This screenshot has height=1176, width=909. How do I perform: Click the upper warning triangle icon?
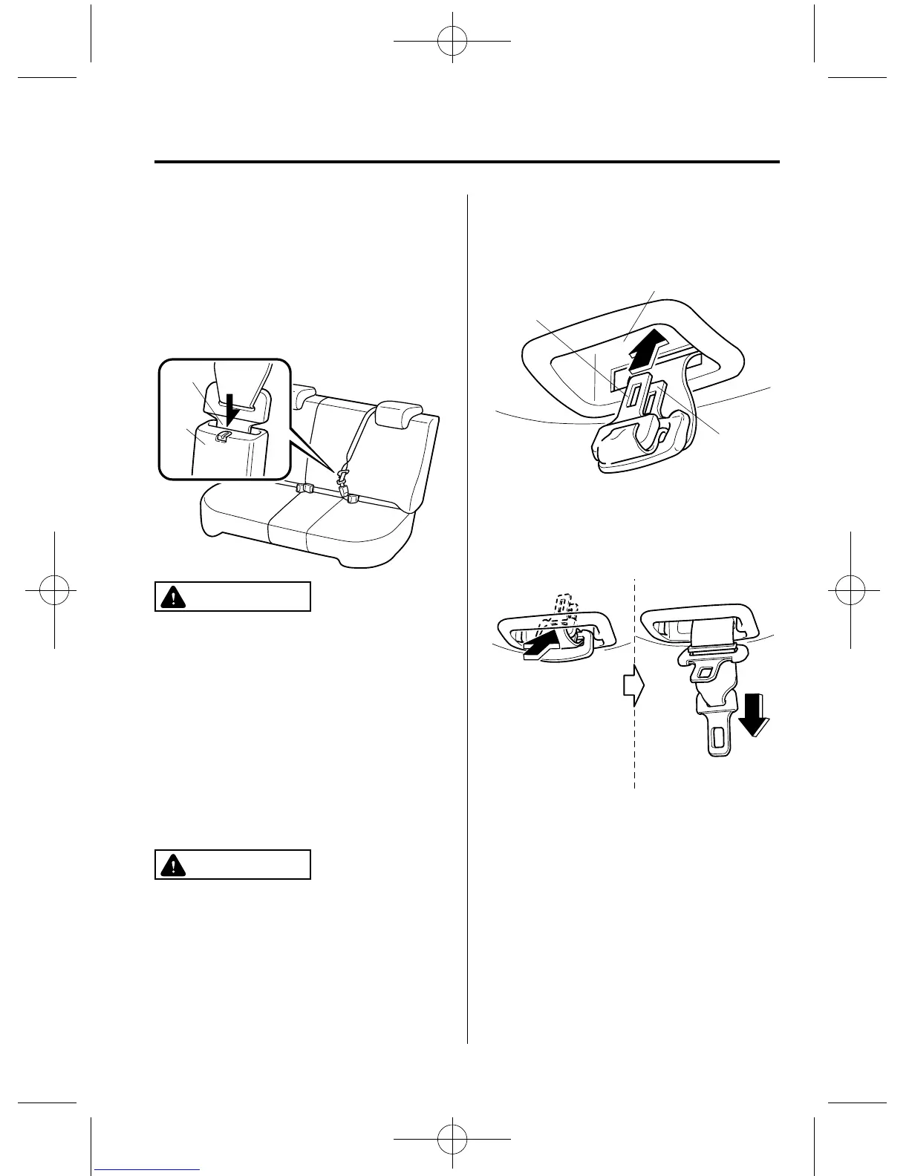[x=172, y=597]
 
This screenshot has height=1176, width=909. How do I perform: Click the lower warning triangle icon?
[x=172, y=864]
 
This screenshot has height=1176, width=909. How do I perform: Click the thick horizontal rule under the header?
[x=467, y=162]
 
